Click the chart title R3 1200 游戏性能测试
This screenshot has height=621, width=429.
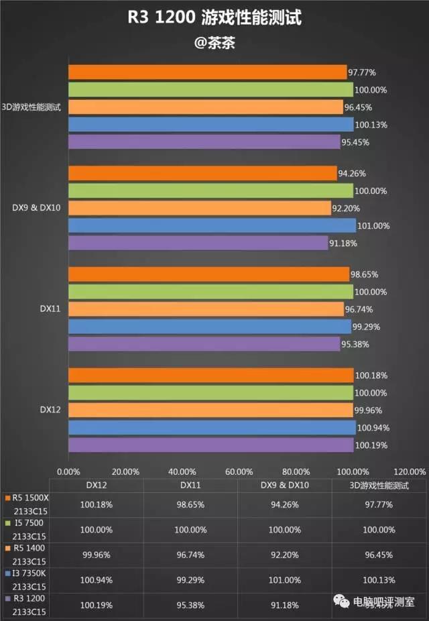click(x=214, y=18)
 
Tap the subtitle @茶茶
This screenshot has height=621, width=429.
click(x=214, y=43)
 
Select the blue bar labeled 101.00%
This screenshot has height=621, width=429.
click(x=212, y=226)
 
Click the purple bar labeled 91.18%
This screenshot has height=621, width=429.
click(x=198, y=243)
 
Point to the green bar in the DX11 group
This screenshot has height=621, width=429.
click(x=210, y=292)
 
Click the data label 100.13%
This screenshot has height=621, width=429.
click(x=371, y=125)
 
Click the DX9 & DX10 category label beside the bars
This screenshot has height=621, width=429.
click(x=36, y=208)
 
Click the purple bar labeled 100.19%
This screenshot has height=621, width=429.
click(x=210, y=445)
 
